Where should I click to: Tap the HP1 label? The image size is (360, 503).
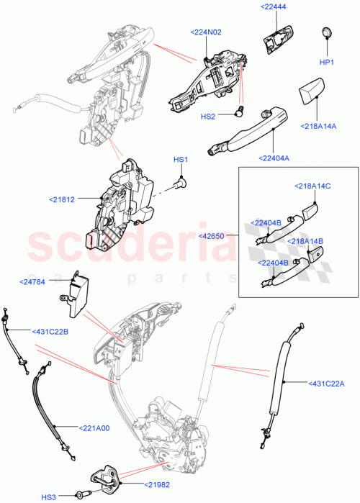click(326, 63)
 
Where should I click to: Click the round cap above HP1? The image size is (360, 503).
click(326, 32)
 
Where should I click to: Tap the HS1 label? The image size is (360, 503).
click(180, 159)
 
